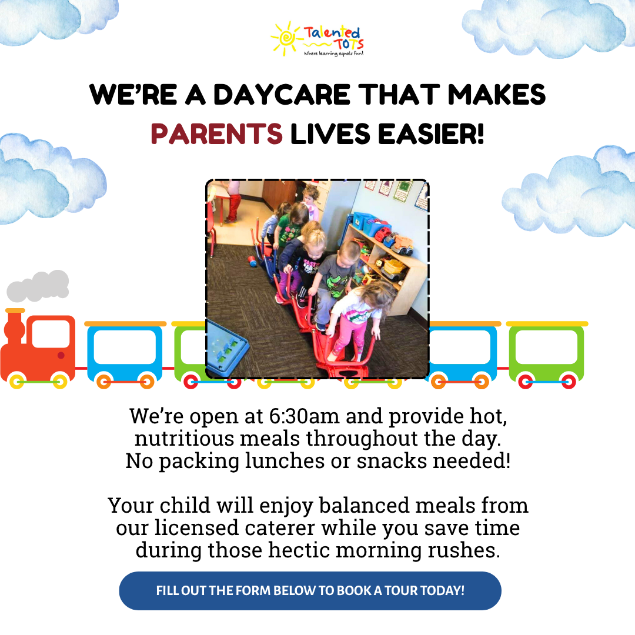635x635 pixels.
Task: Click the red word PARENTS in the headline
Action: point(216,133)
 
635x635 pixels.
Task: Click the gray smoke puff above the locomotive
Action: point(39,286)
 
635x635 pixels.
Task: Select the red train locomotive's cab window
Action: point(51,333)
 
